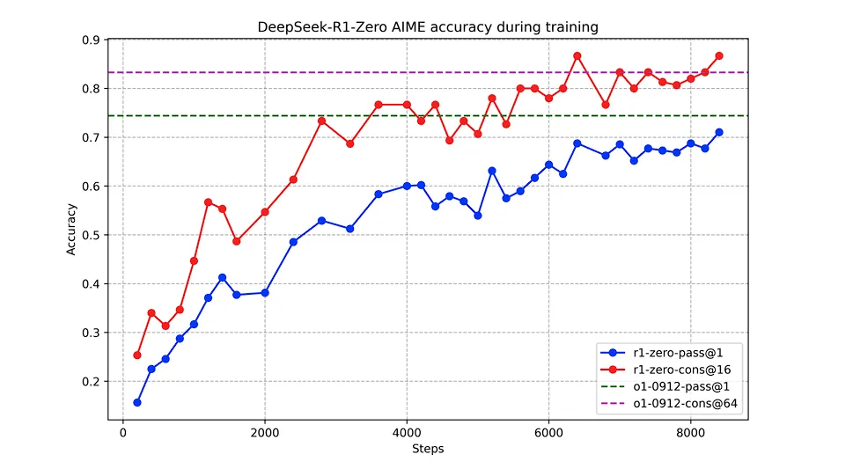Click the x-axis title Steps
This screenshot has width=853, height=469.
point(428,449)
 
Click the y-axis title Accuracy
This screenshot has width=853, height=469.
point(71,230)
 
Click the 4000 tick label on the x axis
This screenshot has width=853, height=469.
point(407,433)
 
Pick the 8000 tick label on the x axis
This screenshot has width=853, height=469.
point(690,433)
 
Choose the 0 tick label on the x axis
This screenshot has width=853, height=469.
point(122,433)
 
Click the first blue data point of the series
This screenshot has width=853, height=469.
point(137,402)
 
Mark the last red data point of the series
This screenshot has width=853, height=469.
point(719,55)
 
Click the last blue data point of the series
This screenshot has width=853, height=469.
point(719,132)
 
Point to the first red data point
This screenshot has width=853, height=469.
point(137,355)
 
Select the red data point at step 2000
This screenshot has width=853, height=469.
point(265,211)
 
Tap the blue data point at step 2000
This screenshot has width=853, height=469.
point(265,292)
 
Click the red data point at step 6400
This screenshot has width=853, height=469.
point(577,55)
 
